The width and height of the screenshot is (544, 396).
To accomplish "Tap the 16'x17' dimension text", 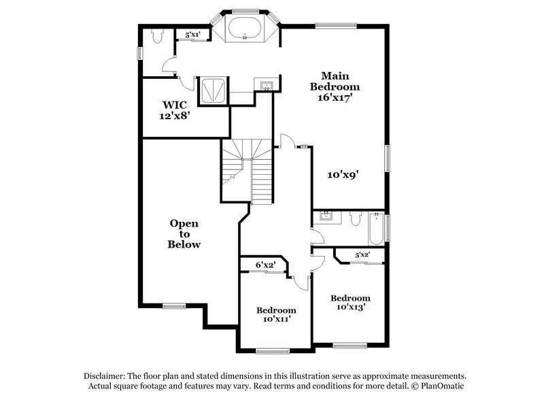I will (x=335, y=97).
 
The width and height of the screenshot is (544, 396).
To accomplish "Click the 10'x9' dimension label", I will (x=343, y=174).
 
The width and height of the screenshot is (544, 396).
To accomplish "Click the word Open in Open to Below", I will (x=184, y=222).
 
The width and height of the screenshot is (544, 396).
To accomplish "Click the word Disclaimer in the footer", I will (x=109, y=376).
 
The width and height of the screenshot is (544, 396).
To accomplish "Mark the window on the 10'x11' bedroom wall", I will (x=273, y=351).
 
